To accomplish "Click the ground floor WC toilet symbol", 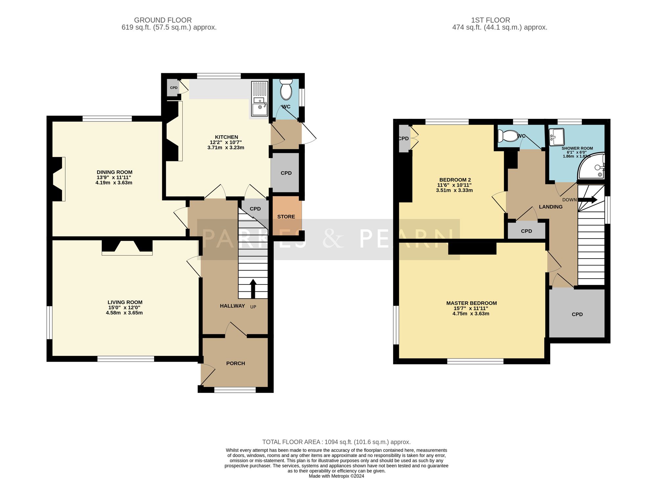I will tap(286, 90).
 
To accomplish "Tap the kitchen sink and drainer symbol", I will tap(260, 99).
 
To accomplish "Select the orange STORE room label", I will tap(286, 217).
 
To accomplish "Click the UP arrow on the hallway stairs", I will tap(253, 288).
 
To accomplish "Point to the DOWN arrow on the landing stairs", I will tap(588, 199).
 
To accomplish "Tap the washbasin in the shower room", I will tap(556, 136).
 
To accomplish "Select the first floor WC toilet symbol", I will tap(508, 135).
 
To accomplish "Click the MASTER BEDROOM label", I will tap(471, 303).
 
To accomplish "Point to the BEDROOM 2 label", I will tap(455, 180).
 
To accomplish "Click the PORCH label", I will tap(236, 363).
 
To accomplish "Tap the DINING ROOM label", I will tap(114, 172).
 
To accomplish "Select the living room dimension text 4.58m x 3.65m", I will tap(124, 313).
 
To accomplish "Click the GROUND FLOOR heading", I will tap(163, 20).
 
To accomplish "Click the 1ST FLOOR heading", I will tap(490, 20).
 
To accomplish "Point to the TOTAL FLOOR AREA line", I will tap(336, 442).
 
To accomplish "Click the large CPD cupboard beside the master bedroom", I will tap(577, 314).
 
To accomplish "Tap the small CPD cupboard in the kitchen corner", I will tap(173, 88).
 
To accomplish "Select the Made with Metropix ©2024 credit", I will tap(336, 476).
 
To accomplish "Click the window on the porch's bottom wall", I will tap(235, 390).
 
